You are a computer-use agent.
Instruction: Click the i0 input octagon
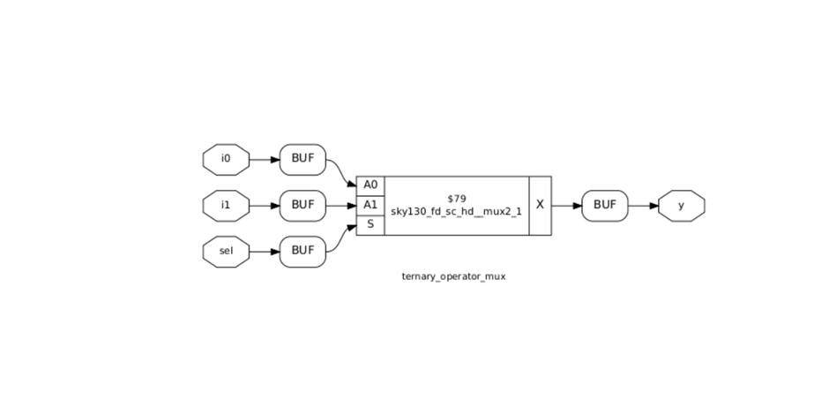(226, 160)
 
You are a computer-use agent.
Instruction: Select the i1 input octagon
(226, 205)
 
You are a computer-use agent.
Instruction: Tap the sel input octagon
(226, 251)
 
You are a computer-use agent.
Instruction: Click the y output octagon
(682, 205)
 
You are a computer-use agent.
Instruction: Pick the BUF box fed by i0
(302, 160)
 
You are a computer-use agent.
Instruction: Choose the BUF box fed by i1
(302, 205)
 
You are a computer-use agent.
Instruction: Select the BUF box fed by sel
(302, 251)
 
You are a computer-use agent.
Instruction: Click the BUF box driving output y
(604, 205)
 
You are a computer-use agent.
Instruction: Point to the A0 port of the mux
(370, 185)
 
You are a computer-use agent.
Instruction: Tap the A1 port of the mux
(370, 205)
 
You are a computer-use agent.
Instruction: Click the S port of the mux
(370, 224)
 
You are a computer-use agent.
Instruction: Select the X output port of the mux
(540, 205)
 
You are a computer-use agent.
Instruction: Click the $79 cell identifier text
(456, 198)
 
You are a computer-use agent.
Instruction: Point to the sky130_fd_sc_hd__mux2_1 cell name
(456, 213)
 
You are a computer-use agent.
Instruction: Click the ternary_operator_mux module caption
(453, 276)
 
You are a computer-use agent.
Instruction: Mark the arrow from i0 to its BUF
(264, 160)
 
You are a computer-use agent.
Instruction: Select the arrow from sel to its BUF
(264, 251)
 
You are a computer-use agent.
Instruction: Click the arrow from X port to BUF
(566, 205)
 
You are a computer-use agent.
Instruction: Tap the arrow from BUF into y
(643, 205)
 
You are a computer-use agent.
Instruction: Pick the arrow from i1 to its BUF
(264, 205)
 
